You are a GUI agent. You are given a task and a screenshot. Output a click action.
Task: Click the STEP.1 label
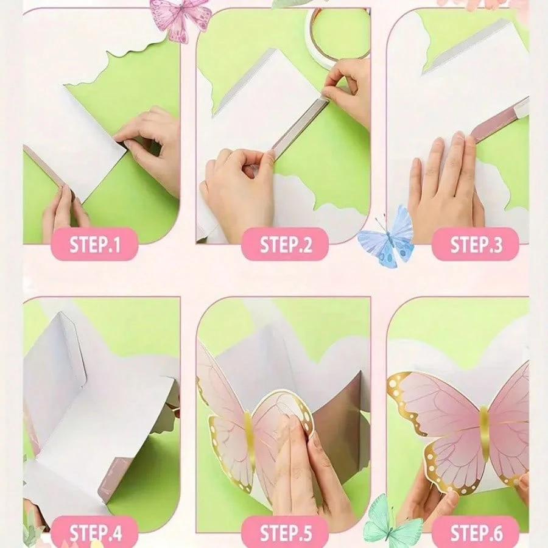click(x=94, y=244)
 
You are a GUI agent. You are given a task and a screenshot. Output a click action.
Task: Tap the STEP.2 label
click(x=285, y=244)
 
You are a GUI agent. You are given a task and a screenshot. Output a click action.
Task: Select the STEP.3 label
click(x=476, y=244)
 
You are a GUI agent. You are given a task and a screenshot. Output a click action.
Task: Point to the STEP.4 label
click(x=95, y=532)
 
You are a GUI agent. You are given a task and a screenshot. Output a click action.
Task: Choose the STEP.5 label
click(x=285, y=532)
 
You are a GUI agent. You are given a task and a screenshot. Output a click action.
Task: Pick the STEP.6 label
click(x=476, y=532)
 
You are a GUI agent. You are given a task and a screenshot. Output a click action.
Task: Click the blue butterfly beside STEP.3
click(x=387, y=236)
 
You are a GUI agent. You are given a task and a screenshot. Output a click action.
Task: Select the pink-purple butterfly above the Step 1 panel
click(x=180, y=19)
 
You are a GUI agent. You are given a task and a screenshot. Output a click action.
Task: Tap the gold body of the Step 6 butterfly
click(x=483, y=434)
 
